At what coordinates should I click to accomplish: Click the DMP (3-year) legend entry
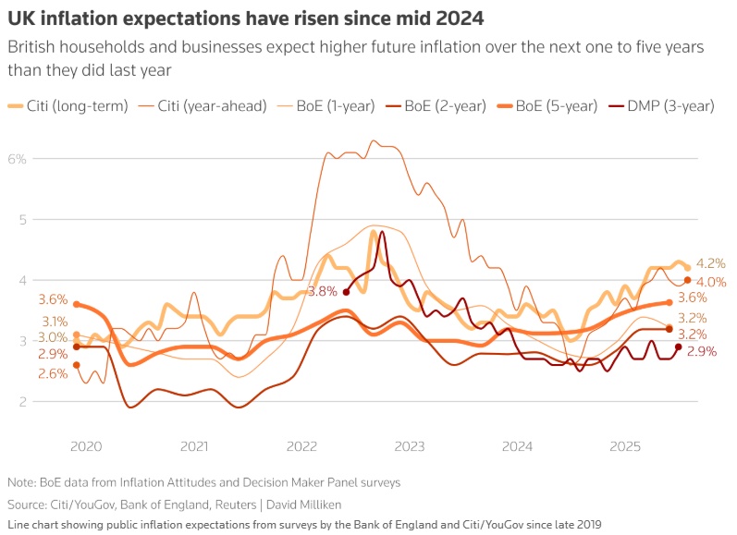click(670, 106)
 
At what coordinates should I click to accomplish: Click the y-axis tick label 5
click(21, 220)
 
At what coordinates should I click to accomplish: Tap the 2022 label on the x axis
click(301, 446)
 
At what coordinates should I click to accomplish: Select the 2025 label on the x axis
click(625, 446)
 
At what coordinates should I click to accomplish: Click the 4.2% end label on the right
click(711, 262)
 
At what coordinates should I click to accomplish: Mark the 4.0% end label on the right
click(711, 282)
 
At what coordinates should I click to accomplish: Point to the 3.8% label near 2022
click(322, 292)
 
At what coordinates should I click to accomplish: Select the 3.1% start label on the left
click(53, 322)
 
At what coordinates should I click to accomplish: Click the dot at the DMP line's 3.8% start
click(346, 292)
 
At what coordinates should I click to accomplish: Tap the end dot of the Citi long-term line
click(688, 268)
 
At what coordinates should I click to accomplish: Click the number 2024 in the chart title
click(460, 18)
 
